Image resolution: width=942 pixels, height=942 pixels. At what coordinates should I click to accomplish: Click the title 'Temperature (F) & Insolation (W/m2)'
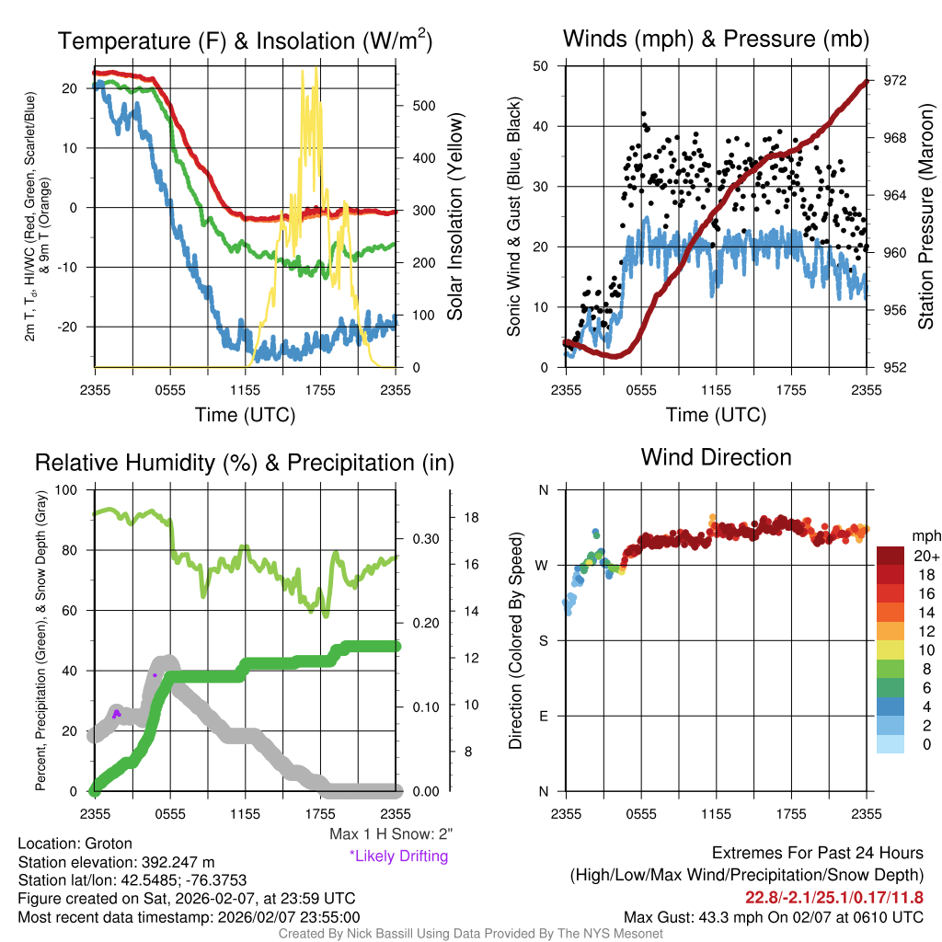coord(245,41)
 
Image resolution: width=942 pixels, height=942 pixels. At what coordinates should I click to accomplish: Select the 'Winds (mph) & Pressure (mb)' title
coord(716,39)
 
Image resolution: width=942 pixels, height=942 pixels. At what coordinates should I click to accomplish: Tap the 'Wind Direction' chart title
coord(716,457)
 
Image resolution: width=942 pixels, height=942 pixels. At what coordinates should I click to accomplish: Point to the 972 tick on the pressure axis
coord(896,81)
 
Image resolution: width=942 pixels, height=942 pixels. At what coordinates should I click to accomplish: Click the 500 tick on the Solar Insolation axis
coord(422,106)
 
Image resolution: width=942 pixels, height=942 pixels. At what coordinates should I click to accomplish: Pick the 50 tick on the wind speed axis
coord(541,66)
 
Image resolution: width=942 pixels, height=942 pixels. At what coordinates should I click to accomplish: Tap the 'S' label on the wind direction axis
coord(543,640)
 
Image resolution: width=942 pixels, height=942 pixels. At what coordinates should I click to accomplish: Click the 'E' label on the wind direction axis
coord(543,716)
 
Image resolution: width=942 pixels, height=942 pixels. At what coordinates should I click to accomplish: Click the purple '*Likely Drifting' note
coord(398,856)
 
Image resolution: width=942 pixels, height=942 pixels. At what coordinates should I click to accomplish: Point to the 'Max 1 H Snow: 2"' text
coord(391,834)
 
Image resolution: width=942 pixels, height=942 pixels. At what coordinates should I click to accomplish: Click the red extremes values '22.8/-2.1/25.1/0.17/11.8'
coord(834,898)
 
